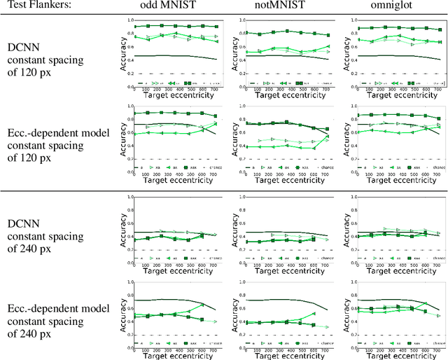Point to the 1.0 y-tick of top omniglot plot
347,20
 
